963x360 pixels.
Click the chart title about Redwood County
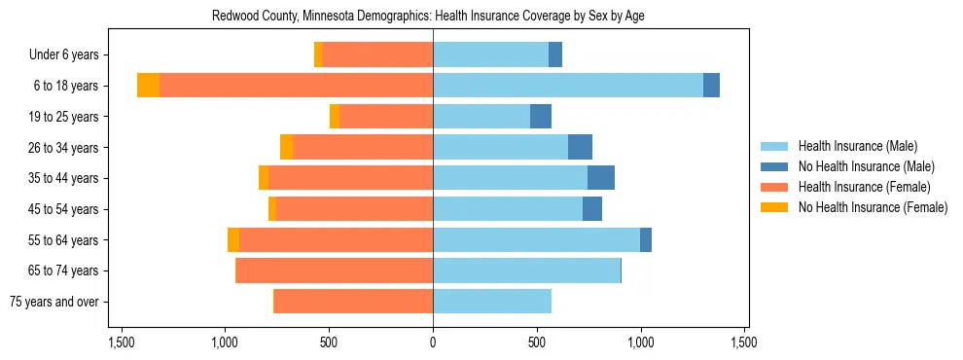point(428,16)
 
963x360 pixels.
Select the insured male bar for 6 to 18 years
point(568,86)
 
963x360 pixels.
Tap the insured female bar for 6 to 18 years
point(297,86)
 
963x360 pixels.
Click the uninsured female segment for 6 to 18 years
point(149,86)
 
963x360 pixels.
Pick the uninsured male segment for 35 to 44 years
point(601,178)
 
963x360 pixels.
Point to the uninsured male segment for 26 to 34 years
point(580,147)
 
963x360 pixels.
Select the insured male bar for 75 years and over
point(492,302)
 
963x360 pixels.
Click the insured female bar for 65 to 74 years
point(335,270)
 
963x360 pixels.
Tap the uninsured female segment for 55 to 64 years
point(233,239)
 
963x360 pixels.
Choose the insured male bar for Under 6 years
point(490,54)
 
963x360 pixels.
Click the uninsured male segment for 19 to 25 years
point(541,117)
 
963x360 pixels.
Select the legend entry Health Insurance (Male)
point(857,146)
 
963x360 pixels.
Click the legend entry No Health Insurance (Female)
point(873,207)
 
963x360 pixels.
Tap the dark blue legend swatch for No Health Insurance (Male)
point(774,166)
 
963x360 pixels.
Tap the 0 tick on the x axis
point(433,342)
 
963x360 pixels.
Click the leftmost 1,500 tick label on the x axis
point(122,342)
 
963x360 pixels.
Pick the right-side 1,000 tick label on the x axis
point(641,342)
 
